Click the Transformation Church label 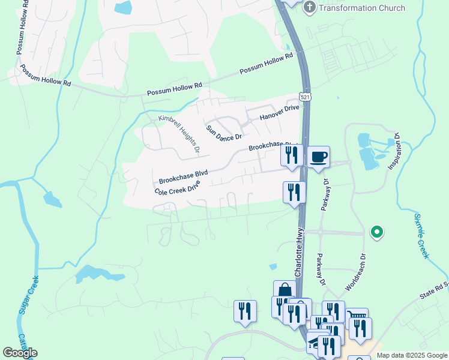[362, 8]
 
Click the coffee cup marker [318, 157]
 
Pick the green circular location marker [377, 232]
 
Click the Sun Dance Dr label [223, 133]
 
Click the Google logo [20, 353]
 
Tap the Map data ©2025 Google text [412, 355]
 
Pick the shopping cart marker [357, 316]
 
